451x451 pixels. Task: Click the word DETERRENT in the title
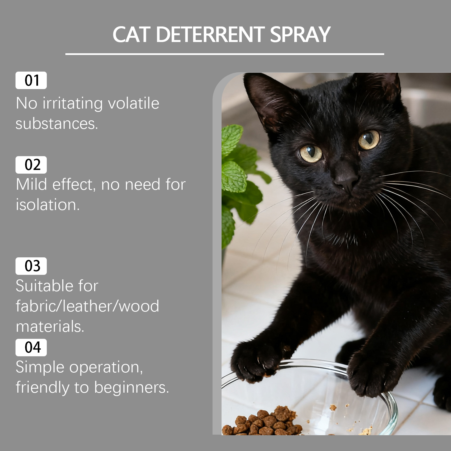point(210,35)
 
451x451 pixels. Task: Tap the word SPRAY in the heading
point(300,35)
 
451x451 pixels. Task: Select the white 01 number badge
point(31,80)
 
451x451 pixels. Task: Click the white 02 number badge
point(31,165)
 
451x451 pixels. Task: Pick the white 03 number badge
point(31,266)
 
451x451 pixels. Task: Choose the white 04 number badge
point(31,347)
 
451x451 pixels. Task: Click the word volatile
point(134,103)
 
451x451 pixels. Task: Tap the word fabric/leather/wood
point(87,306)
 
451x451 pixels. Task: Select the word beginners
point(131,388)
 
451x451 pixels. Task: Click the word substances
point(57,123)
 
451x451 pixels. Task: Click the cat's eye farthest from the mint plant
point(369,140)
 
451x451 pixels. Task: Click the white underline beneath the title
point(225,54)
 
